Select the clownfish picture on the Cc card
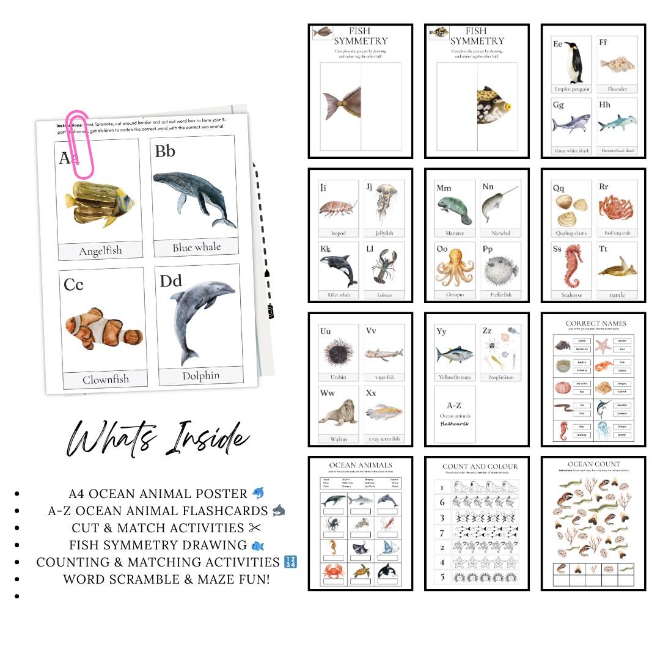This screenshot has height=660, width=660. coord(104,329)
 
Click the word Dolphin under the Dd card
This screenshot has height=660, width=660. coord(200,376)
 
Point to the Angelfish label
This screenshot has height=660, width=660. coord(100,251)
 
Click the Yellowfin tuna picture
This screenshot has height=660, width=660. coord(454,354)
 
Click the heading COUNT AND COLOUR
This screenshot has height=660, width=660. coord(480,466)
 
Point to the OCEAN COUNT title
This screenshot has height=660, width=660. coord(593,464)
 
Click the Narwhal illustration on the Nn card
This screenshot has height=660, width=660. coord(499,205)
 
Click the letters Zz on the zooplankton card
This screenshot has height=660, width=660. coord(487,331)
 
